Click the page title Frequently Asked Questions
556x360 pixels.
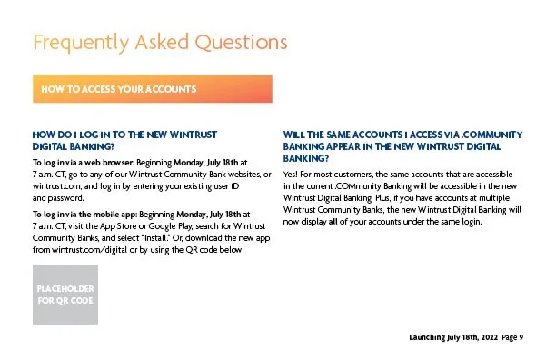pos(159,43)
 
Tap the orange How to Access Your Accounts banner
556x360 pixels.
pos(152,89)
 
